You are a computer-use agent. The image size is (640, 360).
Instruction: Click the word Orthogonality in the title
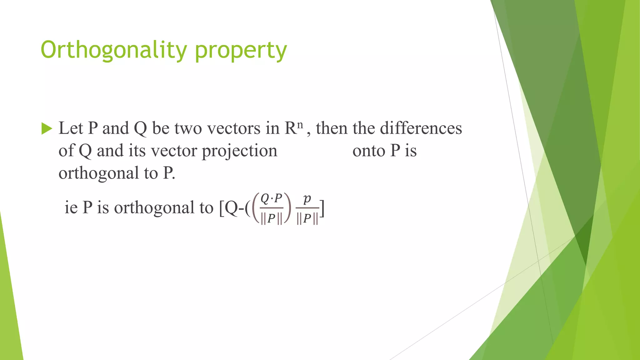[x=114, y=50]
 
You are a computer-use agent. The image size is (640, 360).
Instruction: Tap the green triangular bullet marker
[x=47, y=128]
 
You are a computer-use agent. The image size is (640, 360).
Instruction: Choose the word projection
[x=239, y=151]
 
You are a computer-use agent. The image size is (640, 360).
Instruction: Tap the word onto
[x=369, y=151]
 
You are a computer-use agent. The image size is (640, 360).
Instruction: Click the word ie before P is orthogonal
[x=71, y=207]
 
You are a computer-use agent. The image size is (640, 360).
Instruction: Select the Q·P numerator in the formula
[x=271, y=198]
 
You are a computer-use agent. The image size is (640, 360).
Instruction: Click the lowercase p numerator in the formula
[x=307, y=198]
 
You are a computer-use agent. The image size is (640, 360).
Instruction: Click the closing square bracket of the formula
[x=322, y=208]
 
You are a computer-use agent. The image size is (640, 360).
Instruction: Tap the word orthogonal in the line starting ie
[x=154, y=208]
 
